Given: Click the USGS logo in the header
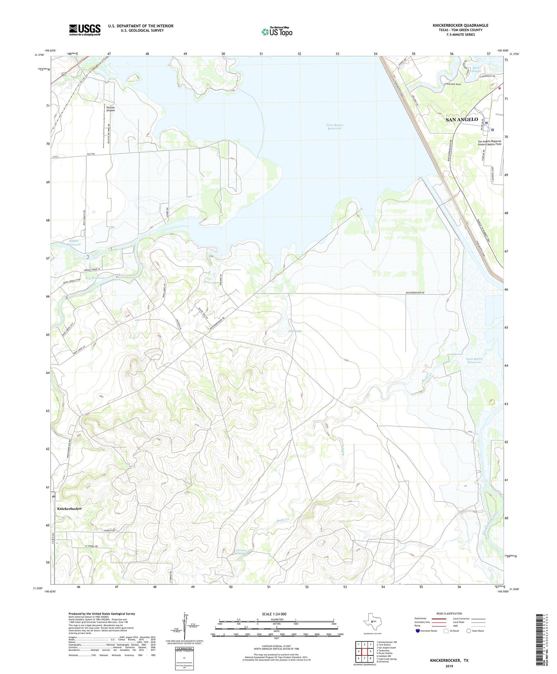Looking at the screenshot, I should [x=85, y=30].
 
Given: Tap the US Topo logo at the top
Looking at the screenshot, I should [x=277, y=32].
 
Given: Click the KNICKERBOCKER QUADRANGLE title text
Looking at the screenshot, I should [x=460, y=25].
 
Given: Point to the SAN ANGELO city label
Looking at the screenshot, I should [x=462, y=119].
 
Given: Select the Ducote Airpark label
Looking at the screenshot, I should [x=111, y=109].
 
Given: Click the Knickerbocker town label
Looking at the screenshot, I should [x=69, y=508].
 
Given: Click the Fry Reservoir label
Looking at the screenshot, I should [x=95, y=278].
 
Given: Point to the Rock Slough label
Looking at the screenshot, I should [x=476, y=70].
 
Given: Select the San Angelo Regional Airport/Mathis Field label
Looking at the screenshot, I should [x=489, y=143].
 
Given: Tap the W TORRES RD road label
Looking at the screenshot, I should [x=91, y=546].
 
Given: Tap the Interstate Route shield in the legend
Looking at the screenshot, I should [x=418, y=631].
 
